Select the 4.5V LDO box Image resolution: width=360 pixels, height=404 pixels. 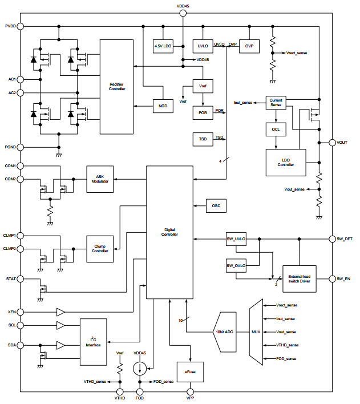163,46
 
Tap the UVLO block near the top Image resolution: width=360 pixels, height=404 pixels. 202,46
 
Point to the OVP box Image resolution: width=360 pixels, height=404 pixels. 249,46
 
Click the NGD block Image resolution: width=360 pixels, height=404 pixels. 162,106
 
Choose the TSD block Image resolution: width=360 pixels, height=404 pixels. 203,139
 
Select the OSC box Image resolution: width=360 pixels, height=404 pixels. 216,205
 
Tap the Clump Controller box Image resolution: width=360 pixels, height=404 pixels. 100,248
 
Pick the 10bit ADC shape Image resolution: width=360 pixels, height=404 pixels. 228,332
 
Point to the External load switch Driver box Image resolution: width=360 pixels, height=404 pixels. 300,279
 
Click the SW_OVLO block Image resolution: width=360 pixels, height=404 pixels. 236,266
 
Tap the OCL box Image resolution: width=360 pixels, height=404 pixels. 276,130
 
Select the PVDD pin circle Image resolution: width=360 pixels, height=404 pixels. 21,26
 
